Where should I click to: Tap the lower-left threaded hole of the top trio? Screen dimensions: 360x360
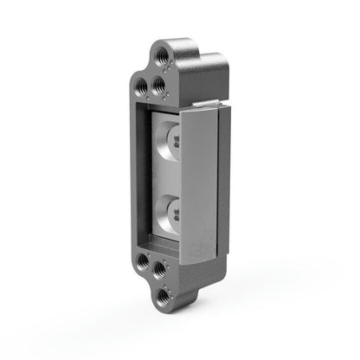(x=140, y=86)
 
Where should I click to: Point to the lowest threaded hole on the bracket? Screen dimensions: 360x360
(x=162, y=294)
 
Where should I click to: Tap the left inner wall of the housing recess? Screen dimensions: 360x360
(x=148, y=173)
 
